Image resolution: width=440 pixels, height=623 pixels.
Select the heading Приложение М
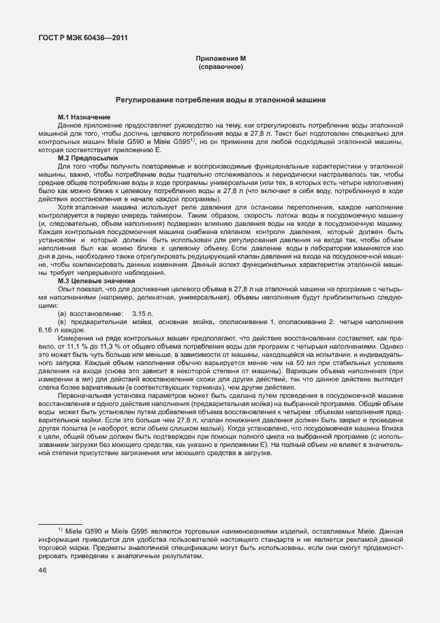tap(219, 59)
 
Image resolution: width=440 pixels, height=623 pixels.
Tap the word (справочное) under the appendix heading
tap(219, 68)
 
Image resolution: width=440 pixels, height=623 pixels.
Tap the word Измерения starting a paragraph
tap(77, 338)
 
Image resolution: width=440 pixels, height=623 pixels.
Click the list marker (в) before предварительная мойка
tap(63, 321)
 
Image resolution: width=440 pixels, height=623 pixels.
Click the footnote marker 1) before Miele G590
tap(60, 530)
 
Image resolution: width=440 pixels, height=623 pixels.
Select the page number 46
tap(42, 571)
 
